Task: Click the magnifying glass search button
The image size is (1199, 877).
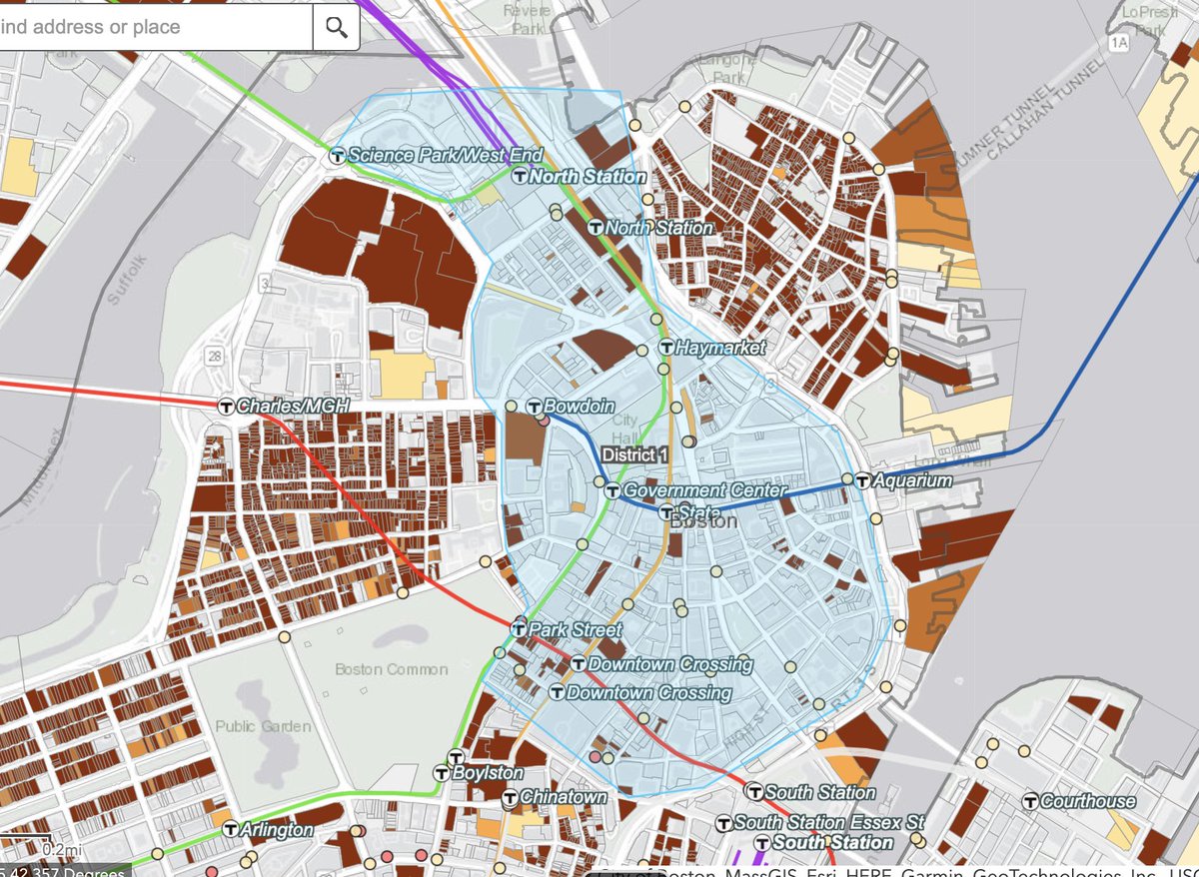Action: pos(336,27)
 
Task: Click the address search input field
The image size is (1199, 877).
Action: pos(150,27)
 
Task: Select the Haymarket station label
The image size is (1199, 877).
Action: pos(719,348)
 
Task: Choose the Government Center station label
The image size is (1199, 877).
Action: pos(688,490)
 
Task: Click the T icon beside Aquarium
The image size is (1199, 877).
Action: pos(862,480)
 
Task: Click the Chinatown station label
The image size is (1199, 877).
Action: pos(563,797)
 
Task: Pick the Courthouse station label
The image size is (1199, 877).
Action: pos(1088,801)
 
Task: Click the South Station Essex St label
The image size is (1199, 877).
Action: pos(828,823)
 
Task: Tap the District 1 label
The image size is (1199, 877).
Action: pos(633,454)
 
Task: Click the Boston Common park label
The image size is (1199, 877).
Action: pos(392,669)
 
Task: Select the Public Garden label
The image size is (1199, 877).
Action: pos(263,726)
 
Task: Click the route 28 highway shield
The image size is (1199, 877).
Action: pos(215,356)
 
